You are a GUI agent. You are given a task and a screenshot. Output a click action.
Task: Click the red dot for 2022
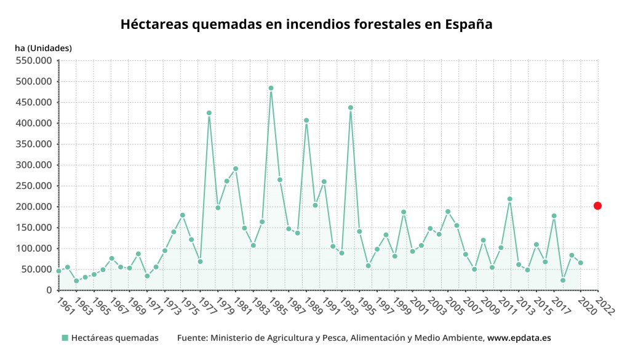tap(597, 206)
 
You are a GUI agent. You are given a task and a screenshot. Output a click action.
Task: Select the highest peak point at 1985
tap(271, 88)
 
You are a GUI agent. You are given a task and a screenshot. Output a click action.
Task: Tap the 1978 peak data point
tap(209, 113)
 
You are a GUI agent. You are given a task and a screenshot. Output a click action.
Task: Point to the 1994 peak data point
tap(351, 108)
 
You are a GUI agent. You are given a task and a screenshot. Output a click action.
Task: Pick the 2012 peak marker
tap(510, 199)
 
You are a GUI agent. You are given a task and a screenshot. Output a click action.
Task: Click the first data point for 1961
tap(58, 271)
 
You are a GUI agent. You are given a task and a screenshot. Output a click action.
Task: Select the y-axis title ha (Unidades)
tap(43, 47)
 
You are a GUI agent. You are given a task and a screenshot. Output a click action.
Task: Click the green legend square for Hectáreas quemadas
tap(65, 338)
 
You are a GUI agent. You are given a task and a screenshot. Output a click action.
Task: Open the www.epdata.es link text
tap(519, 338)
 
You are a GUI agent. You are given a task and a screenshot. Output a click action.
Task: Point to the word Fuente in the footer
tap(191, 338)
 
